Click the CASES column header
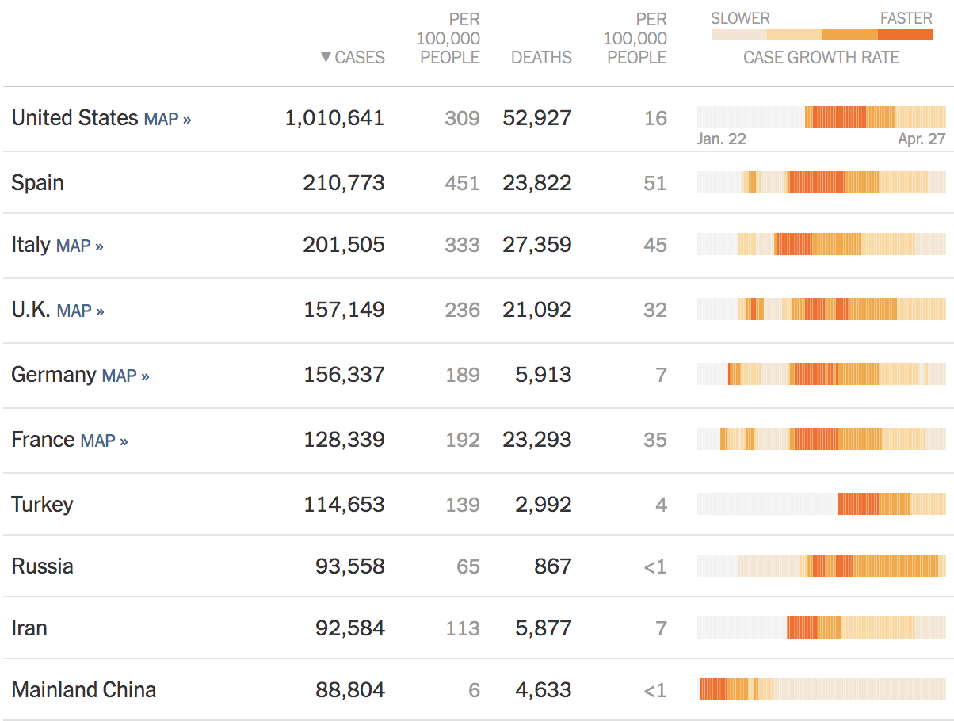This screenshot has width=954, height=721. [x=360, y=57]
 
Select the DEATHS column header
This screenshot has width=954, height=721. [x=541, y=57]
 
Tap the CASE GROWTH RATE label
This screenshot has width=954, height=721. [x=821, y=57]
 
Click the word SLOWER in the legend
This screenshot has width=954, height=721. [x=740, y=18]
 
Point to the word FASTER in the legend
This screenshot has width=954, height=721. [x=906, y=18]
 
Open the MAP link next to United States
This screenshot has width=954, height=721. [x=167, y=119]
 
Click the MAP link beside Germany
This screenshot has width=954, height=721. [x=125, y=376]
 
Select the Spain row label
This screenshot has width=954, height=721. [x=37, y=183]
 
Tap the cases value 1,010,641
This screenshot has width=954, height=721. [x=334, y=118]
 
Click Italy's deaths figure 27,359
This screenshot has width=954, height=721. [x=536, y=245]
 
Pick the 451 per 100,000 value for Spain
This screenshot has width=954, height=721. [x=462, y=183]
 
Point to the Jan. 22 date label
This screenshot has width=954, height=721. [x=721, y=139]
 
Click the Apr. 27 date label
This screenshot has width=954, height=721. [x=922, y=139]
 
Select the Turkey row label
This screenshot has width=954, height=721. [x=42, y=505]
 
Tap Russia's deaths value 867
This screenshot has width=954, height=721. [x=552, y=566]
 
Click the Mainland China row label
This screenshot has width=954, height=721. [x=83, y=690]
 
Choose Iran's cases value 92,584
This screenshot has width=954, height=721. [x=349, y=628]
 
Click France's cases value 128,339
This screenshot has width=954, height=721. [x=344, y=440]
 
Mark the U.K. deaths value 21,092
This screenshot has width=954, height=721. [x=536, y=310]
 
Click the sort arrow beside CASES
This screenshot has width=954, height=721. [x=326, y=57]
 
